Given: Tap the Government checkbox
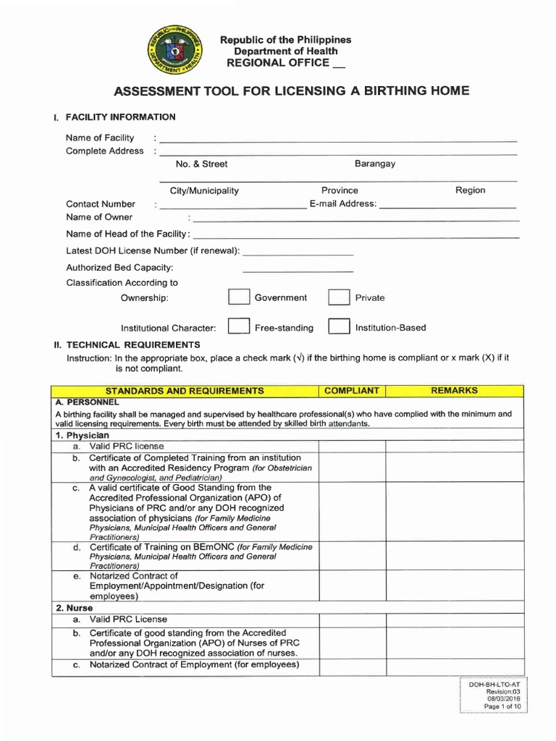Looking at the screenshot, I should click(238, 298).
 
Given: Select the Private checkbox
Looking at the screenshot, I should click(339, 298).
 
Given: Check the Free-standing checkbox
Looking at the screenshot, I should click(238, 327).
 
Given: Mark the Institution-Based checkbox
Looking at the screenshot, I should click(339, 327).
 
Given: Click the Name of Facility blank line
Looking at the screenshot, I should click(337, 139).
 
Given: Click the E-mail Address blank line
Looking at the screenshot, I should click(447, 207).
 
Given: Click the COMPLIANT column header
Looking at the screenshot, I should click(352, 391).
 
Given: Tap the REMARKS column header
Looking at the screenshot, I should click(454, 391).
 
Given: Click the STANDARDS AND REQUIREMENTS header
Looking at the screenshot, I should click(185, 391).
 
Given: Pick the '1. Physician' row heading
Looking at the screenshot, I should click(83, 436).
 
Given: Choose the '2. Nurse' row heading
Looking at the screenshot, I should click(75, 608).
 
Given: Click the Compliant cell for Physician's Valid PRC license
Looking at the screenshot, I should click(352, 446).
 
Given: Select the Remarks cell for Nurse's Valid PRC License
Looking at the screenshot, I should click(454, 620).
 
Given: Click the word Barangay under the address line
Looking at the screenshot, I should click(375, 164).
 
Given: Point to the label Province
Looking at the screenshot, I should click(340, 190).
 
